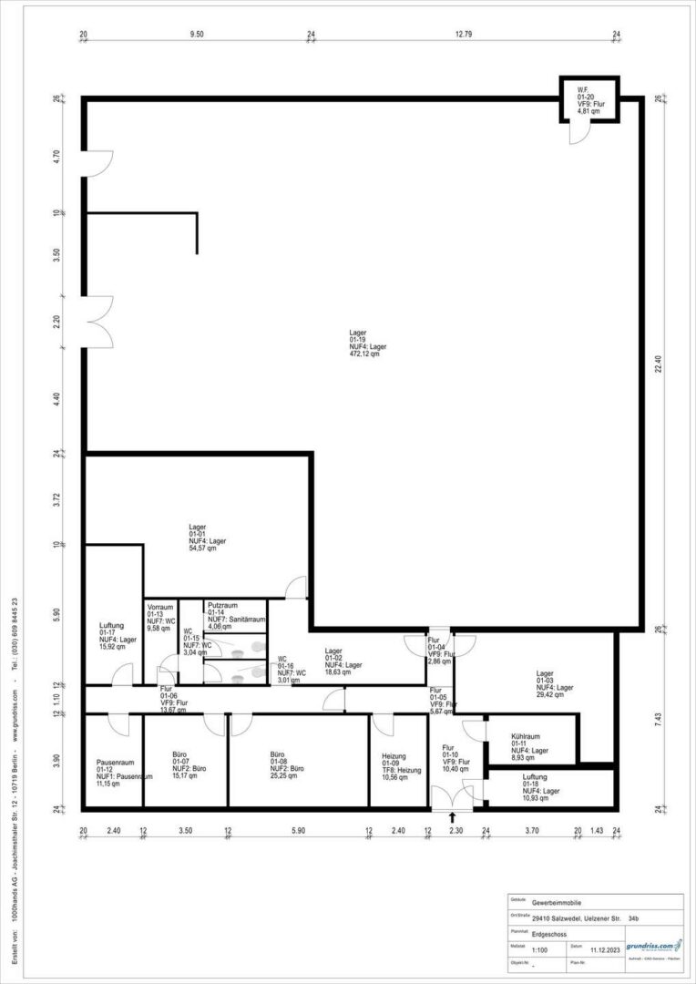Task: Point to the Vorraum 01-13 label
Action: tap(160, 617)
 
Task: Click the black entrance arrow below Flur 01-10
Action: tap(453, 818)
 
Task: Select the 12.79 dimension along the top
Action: tap(464, 35)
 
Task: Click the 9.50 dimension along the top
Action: tap(196, 35)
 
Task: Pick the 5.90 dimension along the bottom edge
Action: tap(299, 831)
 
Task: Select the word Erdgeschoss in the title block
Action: tap(551, 934)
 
